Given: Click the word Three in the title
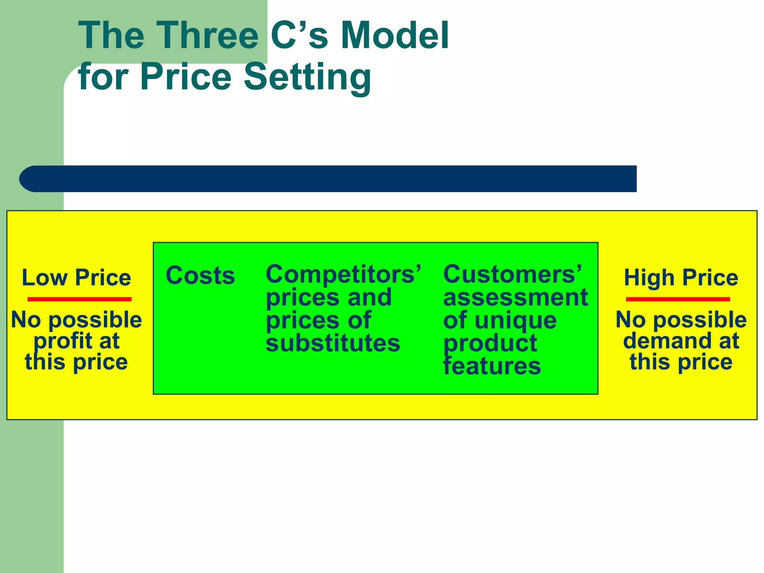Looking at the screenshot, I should point(208,35).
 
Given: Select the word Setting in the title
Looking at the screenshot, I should point(307,77).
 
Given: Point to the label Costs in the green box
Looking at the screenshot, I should point(200,276).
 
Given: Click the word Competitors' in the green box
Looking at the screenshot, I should point(343,274).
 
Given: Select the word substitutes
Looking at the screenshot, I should point(333,343).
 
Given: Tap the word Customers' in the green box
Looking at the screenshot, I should point(512,274).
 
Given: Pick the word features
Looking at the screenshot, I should point(492,366).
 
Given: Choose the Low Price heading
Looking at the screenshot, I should point(76,278).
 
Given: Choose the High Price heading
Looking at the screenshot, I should point(681,278).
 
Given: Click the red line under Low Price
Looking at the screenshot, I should point(79,299).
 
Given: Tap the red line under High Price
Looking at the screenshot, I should point(678,299).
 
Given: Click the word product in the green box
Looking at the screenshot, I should point(490,343).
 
